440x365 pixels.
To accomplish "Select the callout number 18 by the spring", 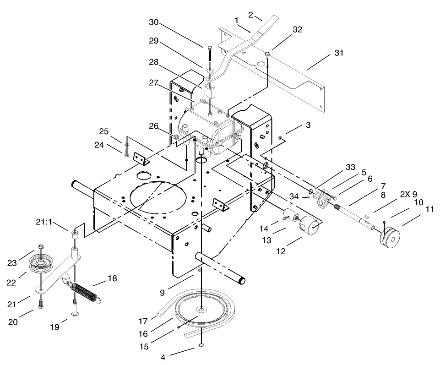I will pyautogui.click(x=113, y=279).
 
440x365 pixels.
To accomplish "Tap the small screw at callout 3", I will pyautogui.click(x=280, y=137).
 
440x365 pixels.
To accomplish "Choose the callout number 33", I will pyautogui.click(x=351, y=168).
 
